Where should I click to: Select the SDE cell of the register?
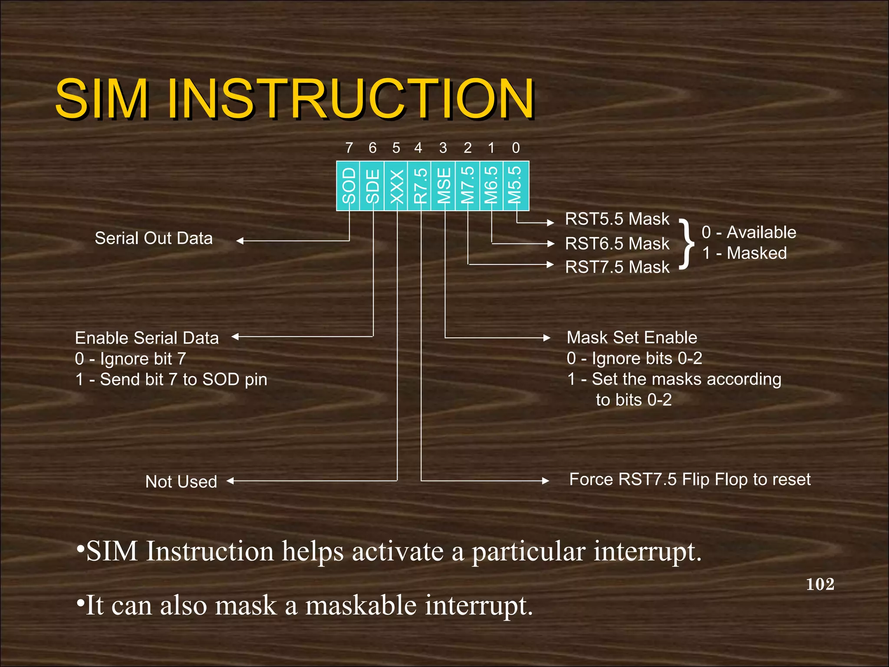(x=372, y=186)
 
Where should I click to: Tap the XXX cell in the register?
(x=396, y=186)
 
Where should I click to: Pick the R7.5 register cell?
(x=419, y=186)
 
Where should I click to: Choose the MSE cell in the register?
(x=443, y=186)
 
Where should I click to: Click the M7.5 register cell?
(x=468, y=186)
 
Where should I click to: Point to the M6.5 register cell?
(x=491, y=186)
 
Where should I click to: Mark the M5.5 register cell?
(x=516, y=186)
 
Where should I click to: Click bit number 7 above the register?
(x=349, y=148)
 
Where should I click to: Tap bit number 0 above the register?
(x=516, y=148)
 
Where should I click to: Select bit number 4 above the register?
(x=418, y=148)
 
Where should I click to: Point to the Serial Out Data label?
(x=154, y=238)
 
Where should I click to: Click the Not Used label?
(x=181, y=482)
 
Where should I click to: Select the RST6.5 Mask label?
(x=617, y=244)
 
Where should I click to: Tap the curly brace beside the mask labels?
(x=686, y=244)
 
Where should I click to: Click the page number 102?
(x=820, y=584)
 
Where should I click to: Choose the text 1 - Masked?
(x=744, y=253)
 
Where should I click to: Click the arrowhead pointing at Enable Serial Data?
(x=235, y=337)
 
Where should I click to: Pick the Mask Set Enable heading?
(x=632, y=337)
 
